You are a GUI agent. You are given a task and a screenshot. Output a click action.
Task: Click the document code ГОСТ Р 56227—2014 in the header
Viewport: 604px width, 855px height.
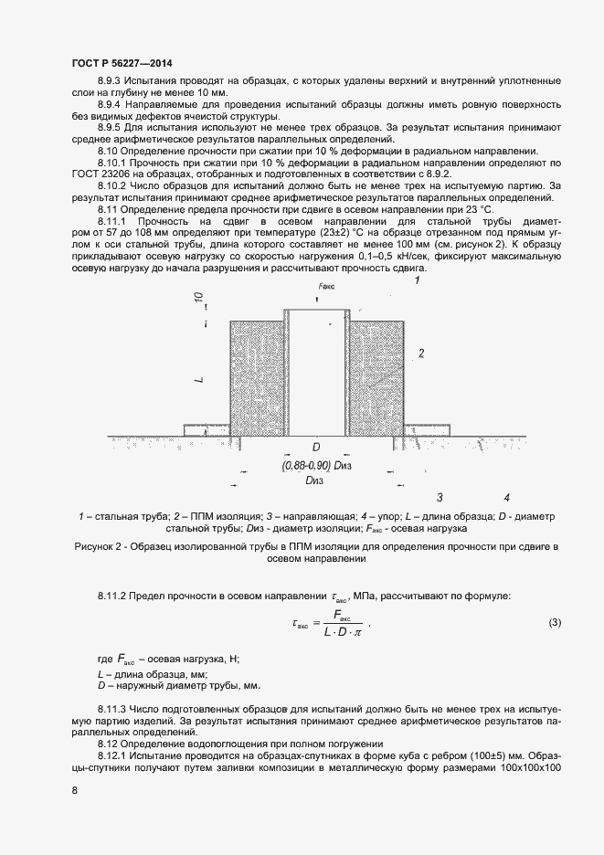click(122, 62)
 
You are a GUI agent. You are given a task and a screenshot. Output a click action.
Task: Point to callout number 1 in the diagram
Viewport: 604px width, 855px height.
click(417, 281)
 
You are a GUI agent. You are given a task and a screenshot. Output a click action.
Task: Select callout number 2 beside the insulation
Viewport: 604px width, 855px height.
click(421, 352)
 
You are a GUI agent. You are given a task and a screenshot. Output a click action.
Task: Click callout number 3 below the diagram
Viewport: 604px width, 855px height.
click(440, 498)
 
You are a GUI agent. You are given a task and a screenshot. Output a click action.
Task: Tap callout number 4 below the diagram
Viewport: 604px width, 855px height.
click(506, 498)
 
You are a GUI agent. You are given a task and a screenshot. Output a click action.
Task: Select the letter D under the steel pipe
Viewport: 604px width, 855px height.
click(316, 448)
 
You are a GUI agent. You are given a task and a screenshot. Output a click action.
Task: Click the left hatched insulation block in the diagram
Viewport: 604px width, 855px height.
click(256, 377)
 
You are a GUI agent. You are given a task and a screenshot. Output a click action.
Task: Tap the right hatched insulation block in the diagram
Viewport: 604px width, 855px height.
click(376, 377)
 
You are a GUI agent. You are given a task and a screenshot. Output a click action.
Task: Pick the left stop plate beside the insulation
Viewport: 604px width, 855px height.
click(206, 428)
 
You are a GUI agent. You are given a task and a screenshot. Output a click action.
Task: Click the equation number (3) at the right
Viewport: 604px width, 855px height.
click(554, 623)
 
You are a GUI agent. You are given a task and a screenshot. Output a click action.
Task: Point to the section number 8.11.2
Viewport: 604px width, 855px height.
click(115, 596)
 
